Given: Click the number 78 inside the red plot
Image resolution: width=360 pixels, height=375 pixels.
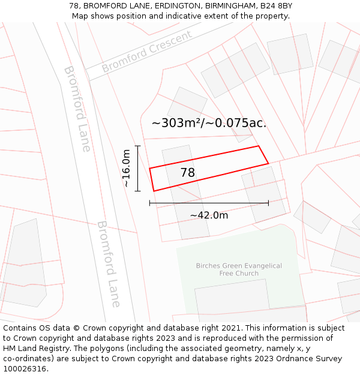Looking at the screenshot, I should coord(188,173).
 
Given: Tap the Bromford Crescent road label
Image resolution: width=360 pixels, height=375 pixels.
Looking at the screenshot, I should coord(146,51).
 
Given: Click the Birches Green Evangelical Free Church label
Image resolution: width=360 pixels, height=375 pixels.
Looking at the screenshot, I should coord(239,269).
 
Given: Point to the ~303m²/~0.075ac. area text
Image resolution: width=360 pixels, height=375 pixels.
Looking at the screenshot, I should coord(209,123).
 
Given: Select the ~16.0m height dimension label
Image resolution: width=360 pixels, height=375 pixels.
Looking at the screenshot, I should coord(127,169).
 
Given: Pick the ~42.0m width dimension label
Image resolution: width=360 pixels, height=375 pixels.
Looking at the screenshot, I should coord(209,215).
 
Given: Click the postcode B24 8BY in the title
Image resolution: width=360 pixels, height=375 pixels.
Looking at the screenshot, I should coord(276,6).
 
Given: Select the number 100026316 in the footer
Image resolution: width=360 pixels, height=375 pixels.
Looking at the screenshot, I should coord(25,369).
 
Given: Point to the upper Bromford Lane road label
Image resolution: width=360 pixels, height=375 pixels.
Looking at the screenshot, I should coord(77,108).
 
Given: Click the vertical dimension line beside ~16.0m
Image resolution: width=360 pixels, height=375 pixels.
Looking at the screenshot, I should coord(138,169).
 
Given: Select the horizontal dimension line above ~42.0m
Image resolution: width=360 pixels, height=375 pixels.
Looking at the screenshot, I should coord(209,203).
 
